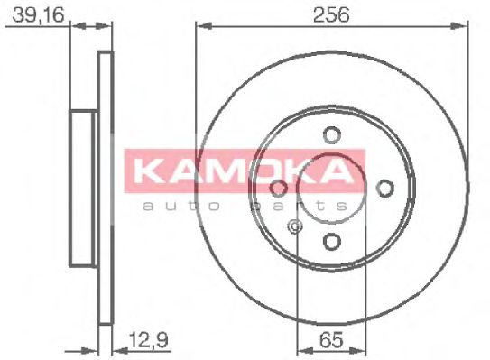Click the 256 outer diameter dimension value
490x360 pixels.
(x=332, y=15)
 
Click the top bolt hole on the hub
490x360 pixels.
(x=331, y=135)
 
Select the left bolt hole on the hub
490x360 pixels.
(x=279, y=188)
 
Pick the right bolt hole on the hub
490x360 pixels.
(x=384, y=188)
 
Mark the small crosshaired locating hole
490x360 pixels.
(x=295, y=226)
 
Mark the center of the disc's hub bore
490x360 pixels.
(x=331, y=188)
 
